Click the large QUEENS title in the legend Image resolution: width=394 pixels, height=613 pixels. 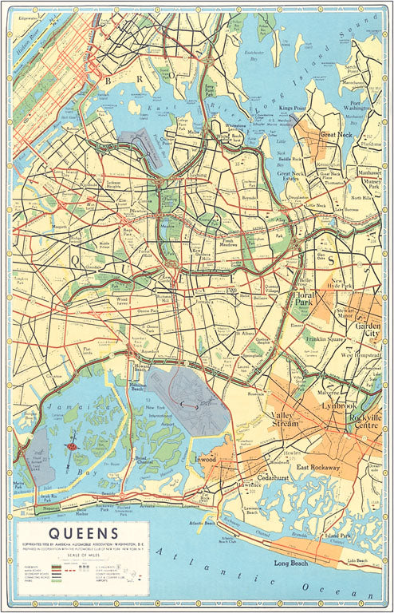pos(84,532)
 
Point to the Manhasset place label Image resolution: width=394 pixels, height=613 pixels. pos(368,172)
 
